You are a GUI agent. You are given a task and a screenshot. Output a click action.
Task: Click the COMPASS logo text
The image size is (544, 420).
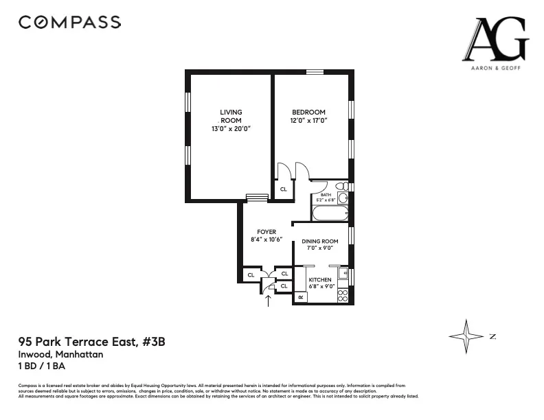pyautogui.click(x=69, y=22)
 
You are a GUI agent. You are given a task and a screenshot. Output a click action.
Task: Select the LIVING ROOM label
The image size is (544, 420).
pyautogui.click(x=231, y=116)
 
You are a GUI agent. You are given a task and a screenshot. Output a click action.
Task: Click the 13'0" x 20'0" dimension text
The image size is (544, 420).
pyautogui.click(x=231, y=128)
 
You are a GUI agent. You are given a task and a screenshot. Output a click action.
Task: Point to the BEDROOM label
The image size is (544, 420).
pyautogui.click(x=308, y=113)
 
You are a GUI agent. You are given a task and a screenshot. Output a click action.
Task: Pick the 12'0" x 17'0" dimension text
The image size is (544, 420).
pyautogui.click(x=308, y=121)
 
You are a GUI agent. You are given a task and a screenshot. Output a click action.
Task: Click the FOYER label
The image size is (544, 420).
pyautogui.click(x=267, y=232)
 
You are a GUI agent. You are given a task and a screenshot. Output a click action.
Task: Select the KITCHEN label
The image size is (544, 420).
pyautogui.click(x=320, y=280)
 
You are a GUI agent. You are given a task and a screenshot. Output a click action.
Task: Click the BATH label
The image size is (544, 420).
pyautogui.click(x=325, y=196)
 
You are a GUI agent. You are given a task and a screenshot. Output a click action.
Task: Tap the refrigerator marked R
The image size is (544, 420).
pyautogui.click(x=300, y=297)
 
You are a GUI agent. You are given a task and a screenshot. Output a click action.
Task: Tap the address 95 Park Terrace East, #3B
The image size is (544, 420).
pyautogui.click(x=91, y=341)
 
